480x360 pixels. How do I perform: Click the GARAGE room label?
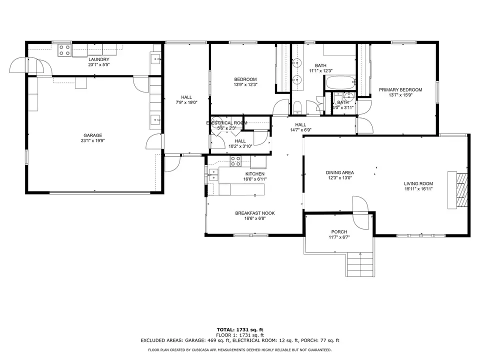coord(93,135)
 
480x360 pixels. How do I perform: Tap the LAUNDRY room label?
coord(99,59)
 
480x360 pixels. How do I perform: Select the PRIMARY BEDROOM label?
coord(400,89)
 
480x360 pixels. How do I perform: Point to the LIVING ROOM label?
coord(418,183)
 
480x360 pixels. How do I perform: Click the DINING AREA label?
coord(340,172)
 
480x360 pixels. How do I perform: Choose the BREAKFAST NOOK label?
coord(255,213)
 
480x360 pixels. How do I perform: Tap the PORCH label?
coord(339,231)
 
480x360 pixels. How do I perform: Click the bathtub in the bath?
coord(340,82)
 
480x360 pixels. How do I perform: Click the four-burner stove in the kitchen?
coord(235,161)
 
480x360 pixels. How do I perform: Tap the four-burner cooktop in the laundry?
coord(65,50)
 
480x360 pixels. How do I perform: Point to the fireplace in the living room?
coord(458,190)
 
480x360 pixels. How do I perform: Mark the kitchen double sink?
coord(213,174)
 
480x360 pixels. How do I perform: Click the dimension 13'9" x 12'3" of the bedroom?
coord(245,84)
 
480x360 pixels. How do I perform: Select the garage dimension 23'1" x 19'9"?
coord(93,141)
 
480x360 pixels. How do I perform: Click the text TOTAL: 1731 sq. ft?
coord(240,329)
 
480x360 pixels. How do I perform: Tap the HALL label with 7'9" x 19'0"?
coord(186,97)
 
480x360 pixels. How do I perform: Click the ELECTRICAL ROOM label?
coord(227,123)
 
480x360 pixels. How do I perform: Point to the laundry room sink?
coord(155,58)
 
